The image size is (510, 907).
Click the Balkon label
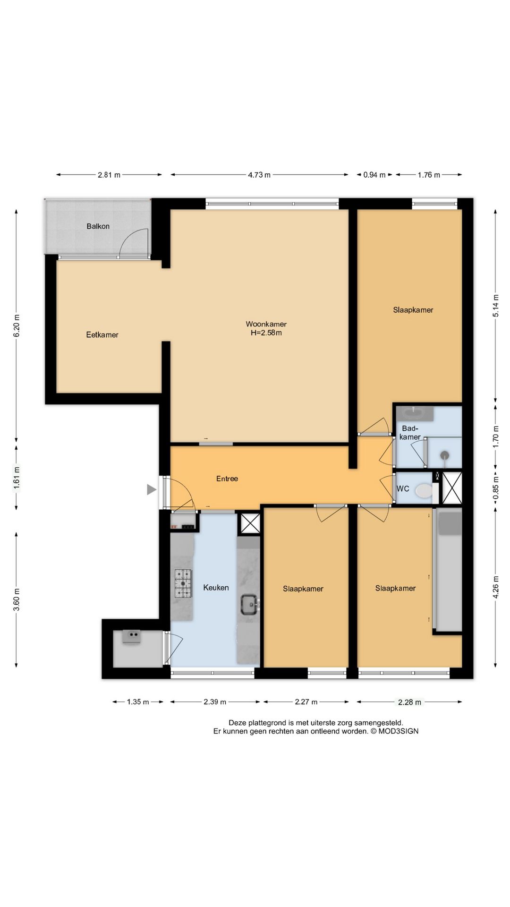pyautogui.click(x=98, y=226)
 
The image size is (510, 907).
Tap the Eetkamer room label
pyautogui.click(x=102, y=335)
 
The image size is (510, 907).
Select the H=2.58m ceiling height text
pyautogui.click(x=266, y=333)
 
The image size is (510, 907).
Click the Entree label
pyautogui.click(x=227, y=479)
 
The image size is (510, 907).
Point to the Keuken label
pyautogui.click(x=216, y=588)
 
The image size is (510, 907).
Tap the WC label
pyautogui.click(x=403, y=488)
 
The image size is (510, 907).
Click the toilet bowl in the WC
pyautogui.click(x=424, y=491)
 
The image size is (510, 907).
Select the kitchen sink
pyautogui.click(x=249, y=604)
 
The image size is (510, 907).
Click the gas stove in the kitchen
pyautogui.click(x=184, y=583)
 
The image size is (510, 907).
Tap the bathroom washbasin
pyautogui.click(x=415, y=413)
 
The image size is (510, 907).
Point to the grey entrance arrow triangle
pyautogui.click(x=151, y=490)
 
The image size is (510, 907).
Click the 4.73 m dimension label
pyautogui.click(x=259, y=175)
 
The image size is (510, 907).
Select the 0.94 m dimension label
pyautogui.click(x=374, y=175)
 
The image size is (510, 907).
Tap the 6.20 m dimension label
pyautogui.click(x=17, y=325)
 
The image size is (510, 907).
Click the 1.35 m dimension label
pyautogui.click(x=138, y=702)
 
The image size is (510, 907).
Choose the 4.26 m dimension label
pyautogui.click(x=495, y=587)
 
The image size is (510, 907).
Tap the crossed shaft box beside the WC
pyautogui.click(x=451, y=488)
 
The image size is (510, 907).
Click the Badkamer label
pyautogui.click(x=410, y=433)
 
